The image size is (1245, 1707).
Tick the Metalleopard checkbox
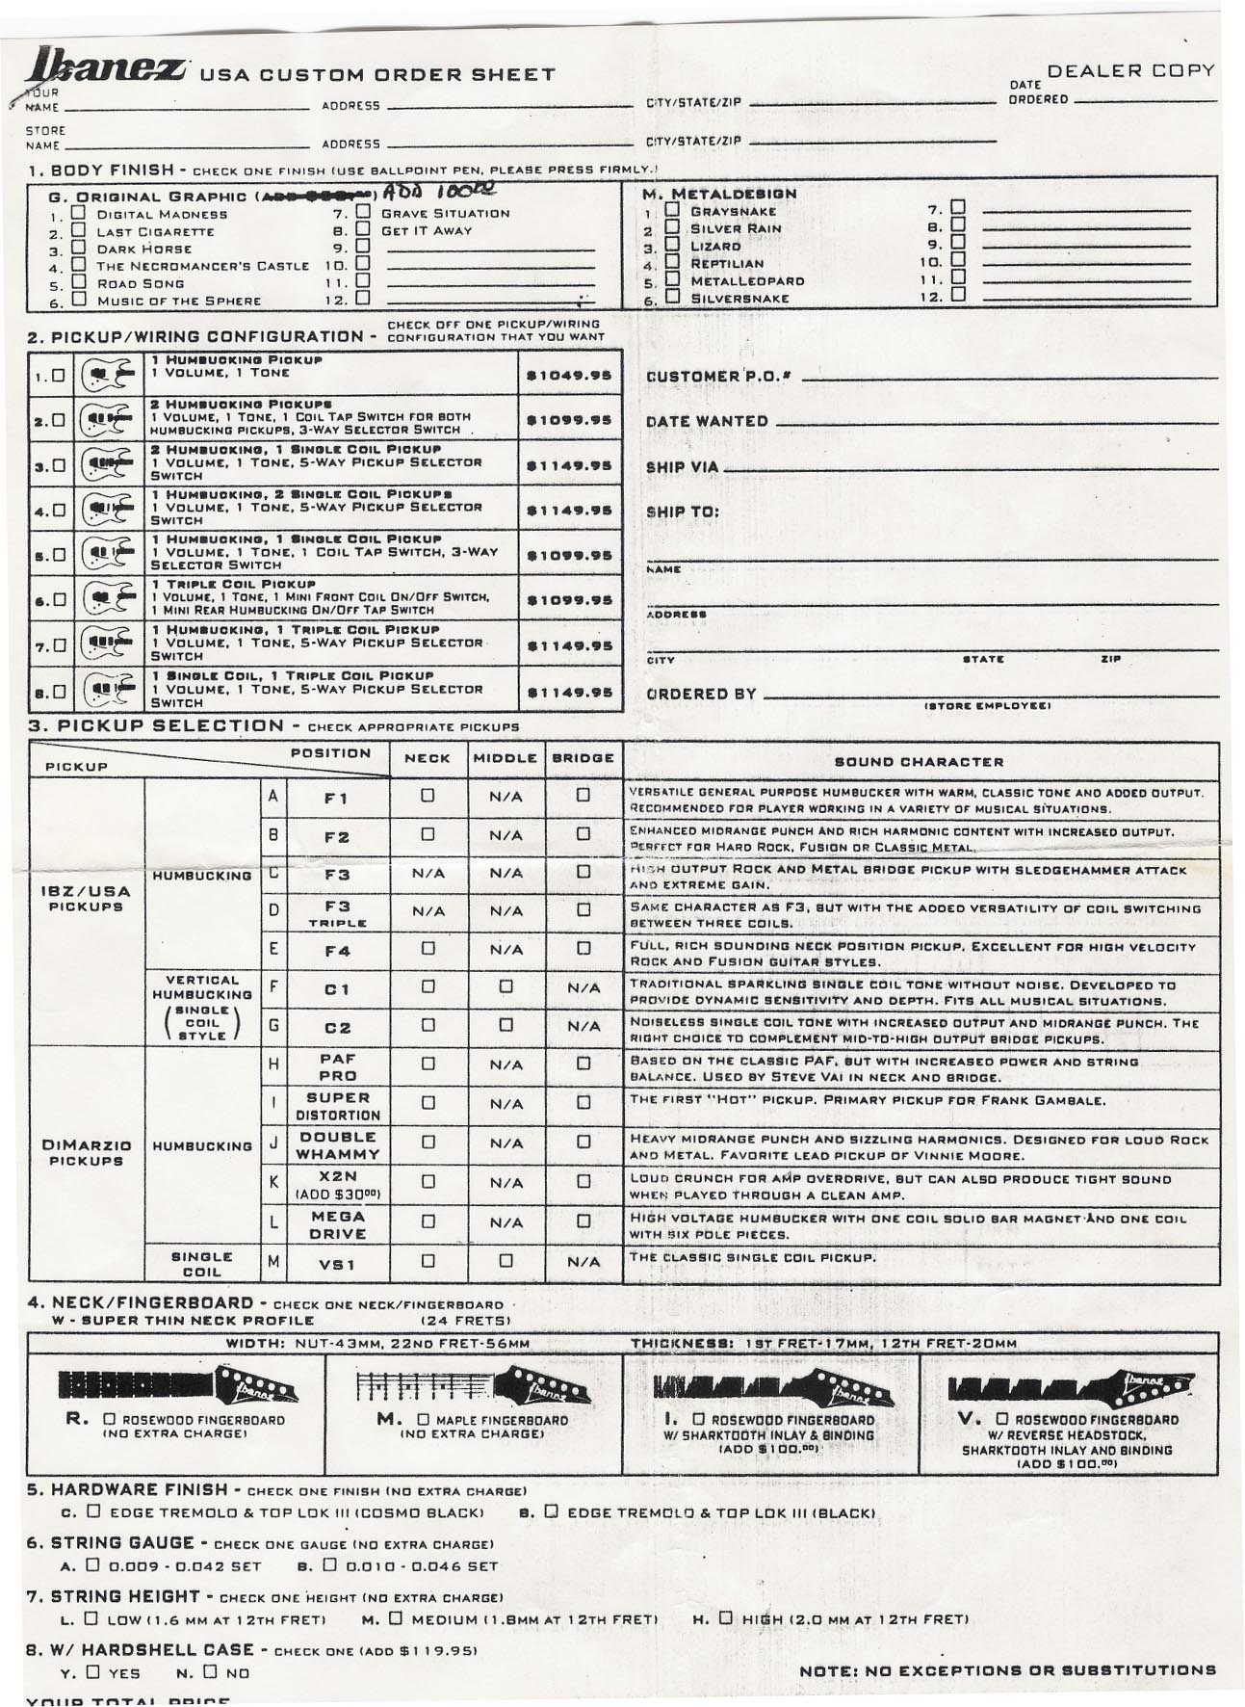(x=673, y=280)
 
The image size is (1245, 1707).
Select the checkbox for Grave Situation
(x=363, y=212)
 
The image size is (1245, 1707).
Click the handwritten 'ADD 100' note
(x=439, y=191)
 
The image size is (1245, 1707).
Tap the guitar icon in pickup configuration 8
(x=107, y=690)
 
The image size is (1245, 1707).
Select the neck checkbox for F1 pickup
(x=428, y=796)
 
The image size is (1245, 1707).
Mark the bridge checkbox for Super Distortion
(x=583, y=1102)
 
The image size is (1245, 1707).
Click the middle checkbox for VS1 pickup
(x=506, y=1260)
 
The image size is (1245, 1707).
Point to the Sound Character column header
(x=919, y=761)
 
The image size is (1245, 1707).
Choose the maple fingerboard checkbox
(x=423, y=1419)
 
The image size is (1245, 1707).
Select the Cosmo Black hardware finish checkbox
(x=93, y=1511)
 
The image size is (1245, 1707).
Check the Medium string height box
(x=395, y=1618)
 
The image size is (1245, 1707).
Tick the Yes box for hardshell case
(x=93, y=1672)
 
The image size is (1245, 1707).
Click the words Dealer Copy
(x=1130, y=70)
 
